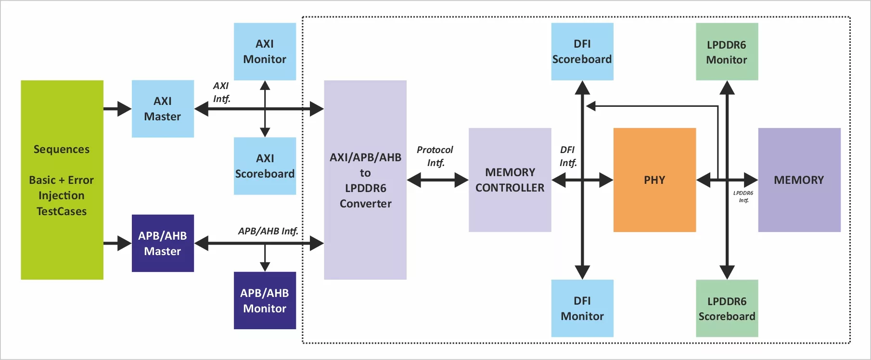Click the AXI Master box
tap(163, 109)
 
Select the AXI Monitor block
tap(265, 51)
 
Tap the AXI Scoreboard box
tap(265, 166)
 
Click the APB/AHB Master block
tap(163, 243)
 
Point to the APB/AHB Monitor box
tap(265, 300)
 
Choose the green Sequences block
tap(62, 180)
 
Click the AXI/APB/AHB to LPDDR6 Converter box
tap(365, 180)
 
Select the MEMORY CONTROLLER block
tap(510, 180)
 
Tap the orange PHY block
tap(654, 180)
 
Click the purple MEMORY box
tap(799, 180)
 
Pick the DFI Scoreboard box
tap(582, 51)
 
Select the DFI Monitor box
tap(582, 308)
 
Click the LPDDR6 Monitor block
tap(727, 51)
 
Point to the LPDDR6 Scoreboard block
tap(727, 308)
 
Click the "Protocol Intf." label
tap(435, 156)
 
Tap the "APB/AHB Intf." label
tap(268, 231)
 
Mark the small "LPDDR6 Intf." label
tap(743, 196)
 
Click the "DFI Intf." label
tap(568, 156)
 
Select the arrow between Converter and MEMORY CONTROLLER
tap(437, 180)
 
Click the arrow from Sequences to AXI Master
tap(117, 109)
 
